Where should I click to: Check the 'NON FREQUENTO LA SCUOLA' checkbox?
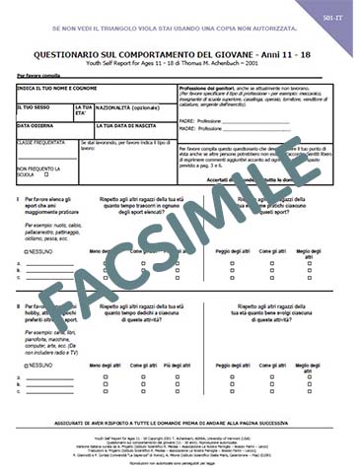pyautogui.click(x=58, y=174)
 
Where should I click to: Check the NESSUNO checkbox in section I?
pyautogui.click(x=23, y=251)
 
